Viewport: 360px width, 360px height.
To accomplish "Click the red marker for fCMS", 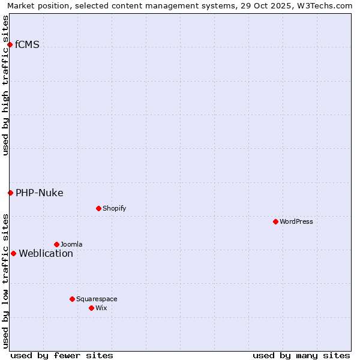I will click(10, 44).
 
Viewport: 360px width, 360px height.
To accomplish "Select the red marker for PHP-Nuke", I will click(10, 193).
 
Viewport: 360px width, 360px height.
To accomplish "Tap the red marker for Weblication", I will click(13, 253).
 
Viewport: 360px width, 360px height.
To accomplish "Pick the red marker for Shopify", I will click(98, 208).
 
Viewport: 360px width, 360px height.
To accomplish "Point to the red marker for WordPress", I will click(275, 221).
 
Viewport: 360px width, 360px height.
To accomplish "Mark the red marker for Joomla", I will click(56, 244).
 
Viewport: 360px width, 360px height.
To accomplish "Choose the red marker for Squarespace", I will click(72, 299).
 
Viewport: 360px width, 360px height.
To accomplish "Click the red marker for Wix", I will click(91, 308).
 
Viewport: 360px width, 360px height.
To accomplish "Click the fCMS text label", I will click(28, 44).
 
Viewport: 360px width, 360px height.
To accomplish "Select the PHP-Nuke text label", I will click(40, 193).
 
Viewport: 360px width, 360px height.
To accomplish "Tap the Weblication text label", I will click(46, 253).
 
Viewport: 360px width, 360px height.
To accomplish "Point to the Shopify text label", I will click(114, 208).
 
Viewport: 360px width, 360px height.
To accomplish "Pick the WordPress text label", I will click(296, 221).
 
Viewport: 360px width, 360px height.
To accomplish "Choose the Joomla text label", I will click(71, 244).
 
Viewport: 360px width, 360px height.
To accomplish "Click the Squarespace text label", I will click(97, 299).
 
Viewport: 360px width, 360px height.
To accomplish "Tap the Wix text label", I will click(101, 308).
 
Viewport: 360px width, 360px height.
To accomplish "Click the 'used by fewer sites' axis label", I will click(62, 355).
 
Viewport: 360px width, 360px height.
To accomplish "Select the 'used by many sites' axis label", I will click(301, 355).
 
